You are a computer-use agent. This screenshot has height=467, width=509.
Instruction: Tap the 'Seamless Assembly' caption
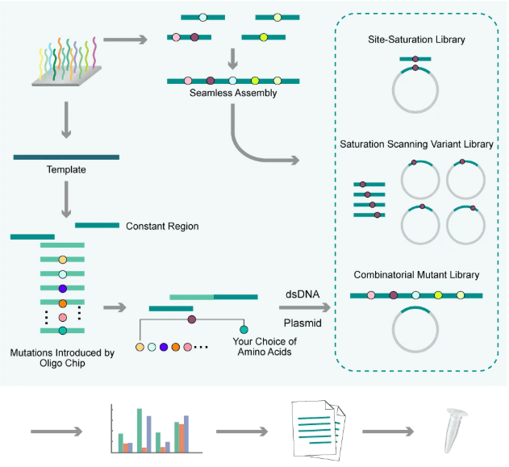[x=233, y=94]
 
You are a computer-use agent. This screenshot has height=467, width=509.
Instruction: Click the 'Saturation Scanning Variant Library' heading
[x=415, y=144]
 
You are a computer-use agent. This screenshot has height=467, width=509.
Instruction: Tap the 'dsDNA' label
[x=302, y=294]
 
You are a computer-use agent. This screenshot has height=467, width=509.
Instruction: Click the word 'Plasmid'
[x=302, y=320]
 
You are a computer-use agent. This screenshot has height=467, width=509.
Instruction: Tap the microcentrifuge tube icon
[x=456, y=430]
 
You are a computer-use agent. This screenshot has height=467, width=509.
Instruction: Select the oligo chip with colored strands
[x=69, y=64]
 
